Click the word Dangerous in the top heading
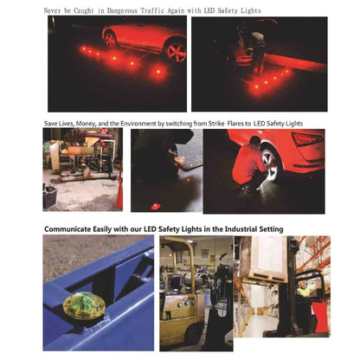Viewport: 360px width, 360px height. [123, 10]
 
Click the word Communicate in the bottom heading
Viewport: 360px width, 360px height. [67, 229]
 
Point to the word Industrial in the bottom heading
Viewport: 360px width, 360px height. [241, 229]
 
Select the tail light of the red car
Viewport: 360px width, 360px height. [307, 139]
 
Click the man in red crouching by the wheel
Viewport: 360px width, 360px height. [249, 164]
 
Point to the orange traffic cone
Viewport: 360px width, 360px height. [119, 191]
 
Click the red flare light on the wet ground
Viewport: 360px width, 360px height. [155, 206]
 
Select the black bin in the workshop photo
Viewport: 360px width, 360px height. [49, 197]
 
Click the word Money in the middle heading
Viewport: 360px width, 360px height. [84, 124]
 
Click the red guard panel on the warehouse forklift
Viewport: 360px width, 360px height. [320, 317]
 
